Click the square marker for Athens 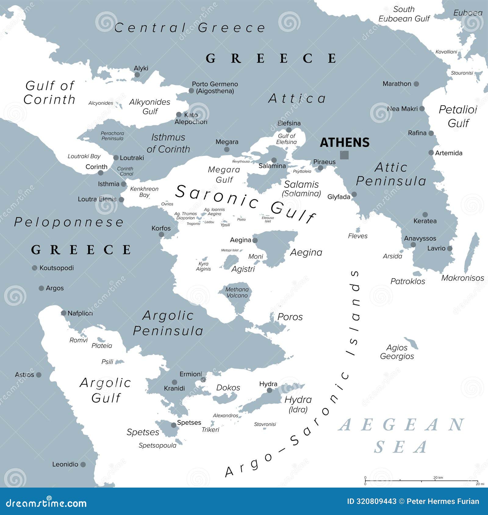point(344,155)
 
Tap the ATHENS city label point(344,143)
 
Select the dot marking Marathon point(416,84)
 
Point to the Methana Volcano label point(237,293)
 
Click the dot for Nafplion point(63,313)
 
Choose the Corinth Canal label point(125,171)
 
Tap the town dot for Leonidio point(83,464)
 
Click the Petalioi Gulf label point(458,116)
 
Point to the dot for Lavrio point(450,249)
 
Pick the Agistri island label point(243,269)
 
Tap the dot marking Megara point(227,149)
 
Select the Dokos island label point(228,388)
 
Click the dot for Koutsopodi point(34,268)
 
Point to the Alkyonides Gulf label point(149,107)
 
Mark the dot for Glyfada point(354,194)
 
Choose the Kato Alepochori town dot point(179,115)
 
